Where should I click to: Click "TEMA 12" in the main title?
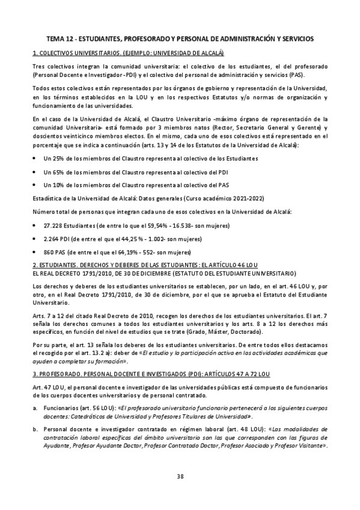[61, 38]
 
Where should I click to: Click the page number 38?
[180, 476]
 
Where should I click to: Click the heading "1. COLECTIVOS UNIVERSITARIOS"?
[87, 53]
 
